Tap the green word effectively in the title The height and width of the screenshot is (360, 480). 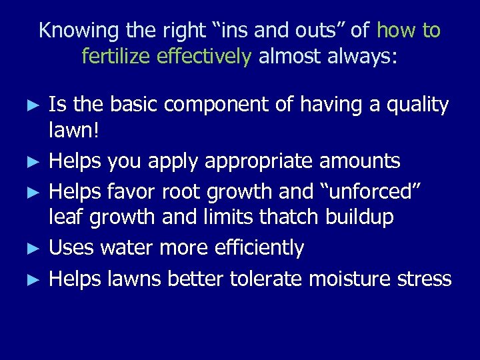click(x=205, y=57)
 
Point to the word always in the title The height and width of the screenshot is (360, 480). click(x=361, y=57)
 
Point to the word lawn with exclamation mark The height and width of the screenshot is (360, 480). click(x=73, y=131)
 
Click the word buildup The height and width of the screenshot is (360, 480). click(x=361, y=217)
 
